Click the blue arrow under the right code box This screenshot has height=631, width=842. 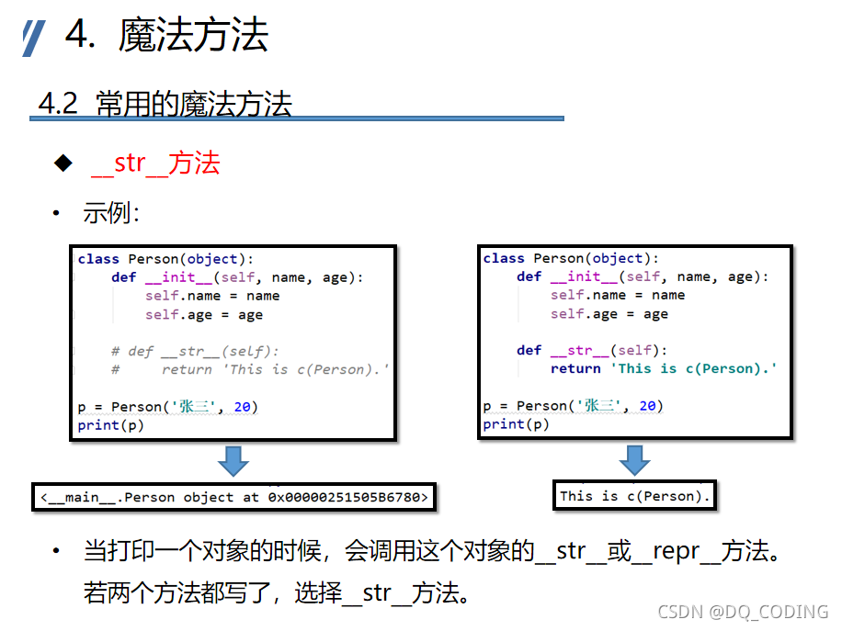coord(633,458)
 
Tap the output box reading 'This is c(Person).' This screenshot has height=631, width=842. coord(633,496)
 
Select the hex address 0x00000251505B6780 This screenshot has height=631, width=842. coord(346,497)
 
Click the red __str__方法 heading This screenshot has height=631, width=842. coord(155,163)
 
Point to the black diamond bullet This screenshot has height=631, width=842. coord(63,163)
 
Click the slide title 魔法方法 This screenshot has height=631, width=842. coord(193,36)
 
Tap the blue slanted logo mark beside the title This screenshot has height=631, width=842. coord(34,38)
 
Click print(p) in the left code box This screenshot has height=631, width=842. coord(111,425)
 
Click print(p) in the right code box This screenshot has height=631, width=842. coord(516,424)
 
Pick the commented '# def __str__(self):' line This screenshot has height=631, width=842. coord(195,351)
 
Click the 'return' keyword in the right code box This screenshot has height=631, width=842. coord(575,368)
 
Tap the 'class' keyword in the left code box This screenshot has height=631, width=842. coord(98,259)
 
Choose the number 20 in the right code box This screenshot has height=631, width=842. coord(648,405)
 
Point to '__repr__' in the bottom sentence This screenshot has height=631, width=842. coord(679,551)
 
